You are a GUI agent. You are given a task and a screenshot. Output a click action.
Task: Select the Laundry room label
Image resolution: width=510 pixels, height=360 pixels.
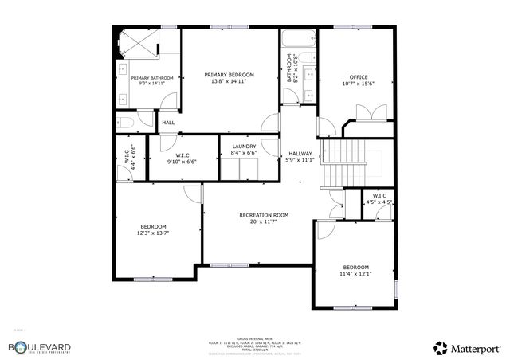tap(243, 147)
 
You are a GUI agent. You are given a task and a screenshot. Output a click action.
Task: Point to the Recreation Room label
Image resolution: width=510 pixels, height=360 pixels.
tap(263, 215)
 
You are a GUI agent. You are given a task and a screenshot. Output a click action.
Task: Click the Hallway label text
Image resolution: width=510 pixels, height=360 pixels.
tap(300, 154)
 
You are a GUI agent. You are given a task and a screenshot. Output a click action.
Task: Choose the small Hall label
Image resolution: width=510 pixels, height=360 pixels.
tap(168, 123)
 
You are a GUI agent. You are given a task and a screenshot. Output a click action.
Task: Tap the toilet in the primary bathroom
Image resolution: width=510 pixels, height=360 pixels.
tap(125, 122)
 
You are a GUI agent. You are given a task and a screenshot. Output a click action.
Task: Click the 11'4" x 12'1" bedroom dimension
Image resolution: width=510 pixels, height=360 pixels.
tap(355, 274)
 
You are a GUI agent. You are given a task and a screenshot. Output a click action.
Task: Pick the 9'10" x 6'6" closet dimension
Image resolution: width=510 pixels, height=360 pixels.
tap(181, 162)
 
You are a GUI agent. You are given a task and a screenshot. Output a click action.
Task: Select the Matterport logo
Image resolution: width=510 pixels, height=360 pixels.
tap(467, 347)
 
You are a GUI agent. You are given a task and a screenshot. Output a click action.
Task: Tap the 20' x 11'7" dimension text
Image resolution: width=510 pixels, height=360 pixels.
tap(263, 222)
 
